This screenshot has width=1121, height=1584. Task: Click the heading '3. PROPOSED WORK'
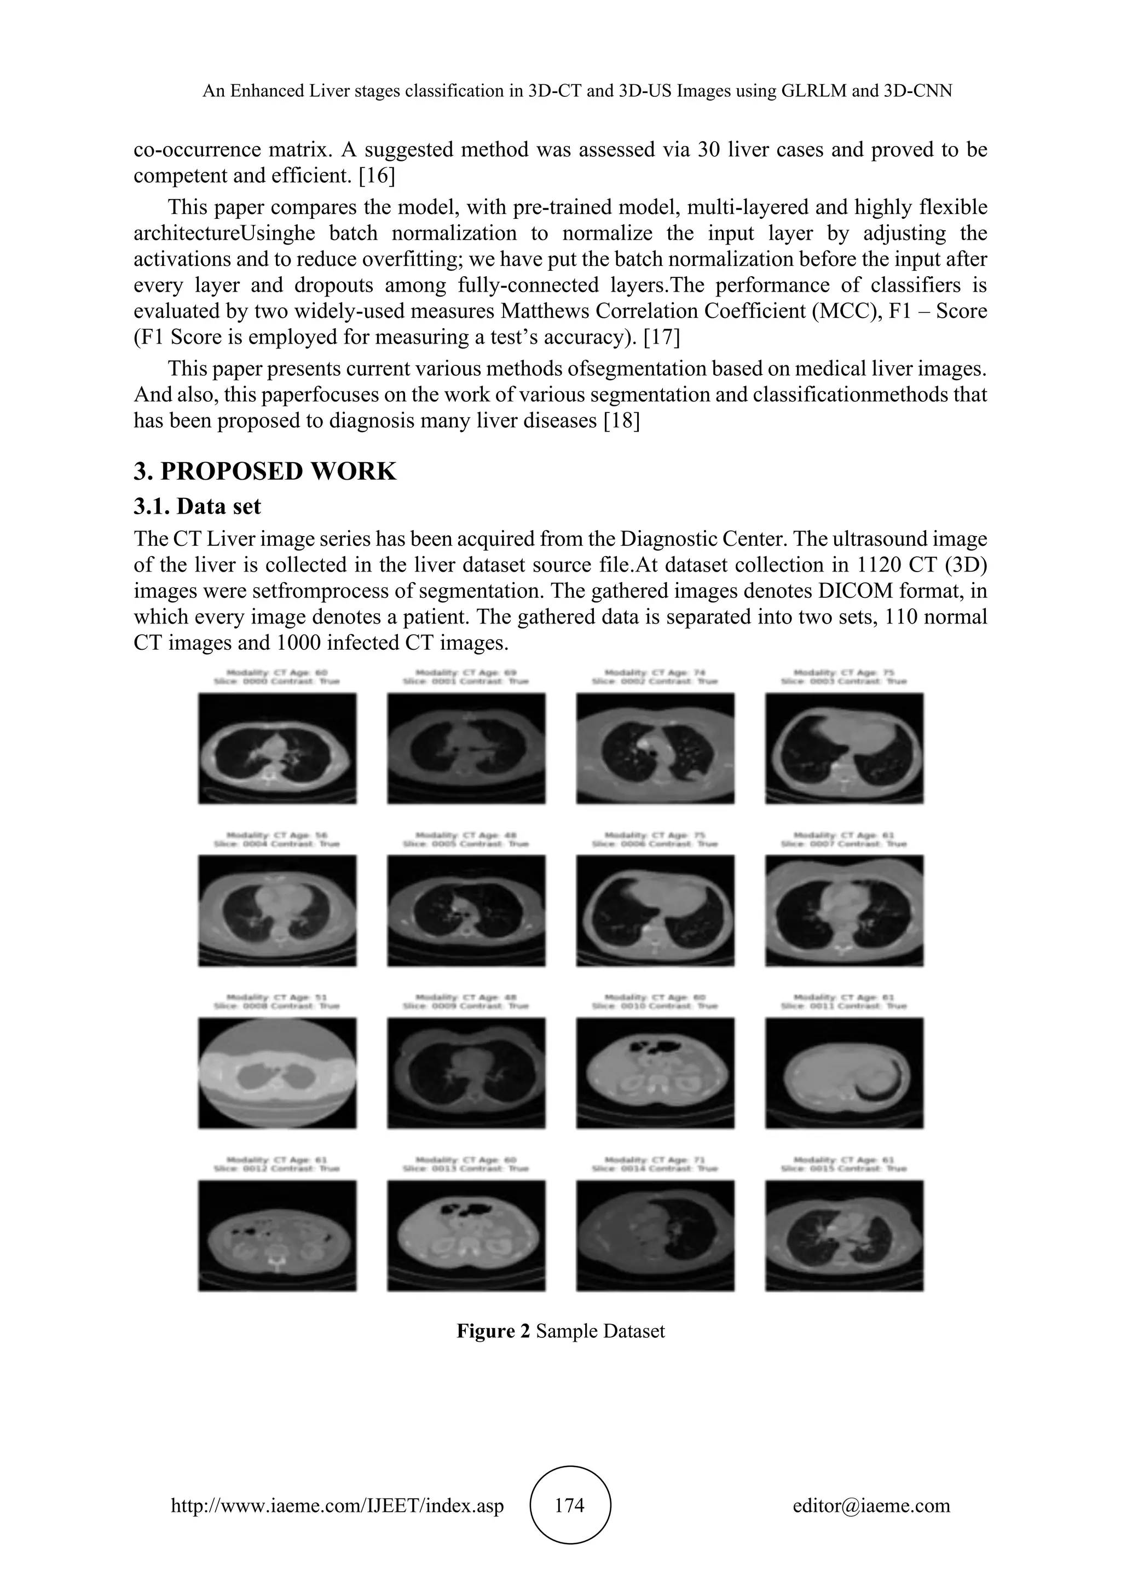tap(265, 471)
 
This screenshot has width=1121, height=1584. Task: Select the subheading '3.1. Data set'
tap(198, 506)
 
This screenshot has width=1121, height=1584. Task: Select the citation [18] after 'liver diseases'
tap(621, 421)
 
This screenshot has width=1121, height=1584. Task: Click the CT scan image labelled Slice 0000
tap(278, 749)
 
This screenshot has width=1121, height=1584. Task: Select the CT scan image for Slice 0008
tap(278, 1074)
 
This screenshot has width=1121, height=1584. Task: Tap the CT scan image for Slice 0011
tap(844, 1074)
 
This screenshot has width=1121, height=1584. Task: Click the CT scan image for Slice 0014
tap(655, 1236)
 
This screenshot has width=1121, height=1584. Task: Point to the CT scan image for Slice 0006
tap(655, 911)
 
